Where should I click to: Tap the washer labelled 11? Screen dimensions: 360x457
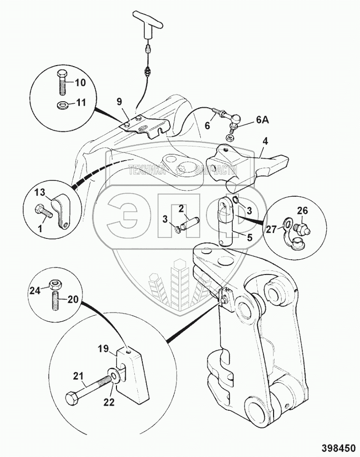pos(62,104)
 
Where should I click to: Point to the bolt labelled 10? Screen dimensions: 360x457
pos(62,82)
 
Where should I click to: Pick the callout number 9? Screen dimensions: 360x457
pos(119,102)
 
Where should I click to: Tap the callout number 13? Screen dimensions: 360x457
pos(41,193)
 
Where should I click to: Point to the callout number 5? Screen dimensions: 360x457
pos(250,237)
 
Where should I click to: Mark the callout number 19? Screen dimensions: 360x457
pos(104,349)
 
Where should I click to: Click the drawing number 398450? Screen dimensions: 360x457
pos(339,447)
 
